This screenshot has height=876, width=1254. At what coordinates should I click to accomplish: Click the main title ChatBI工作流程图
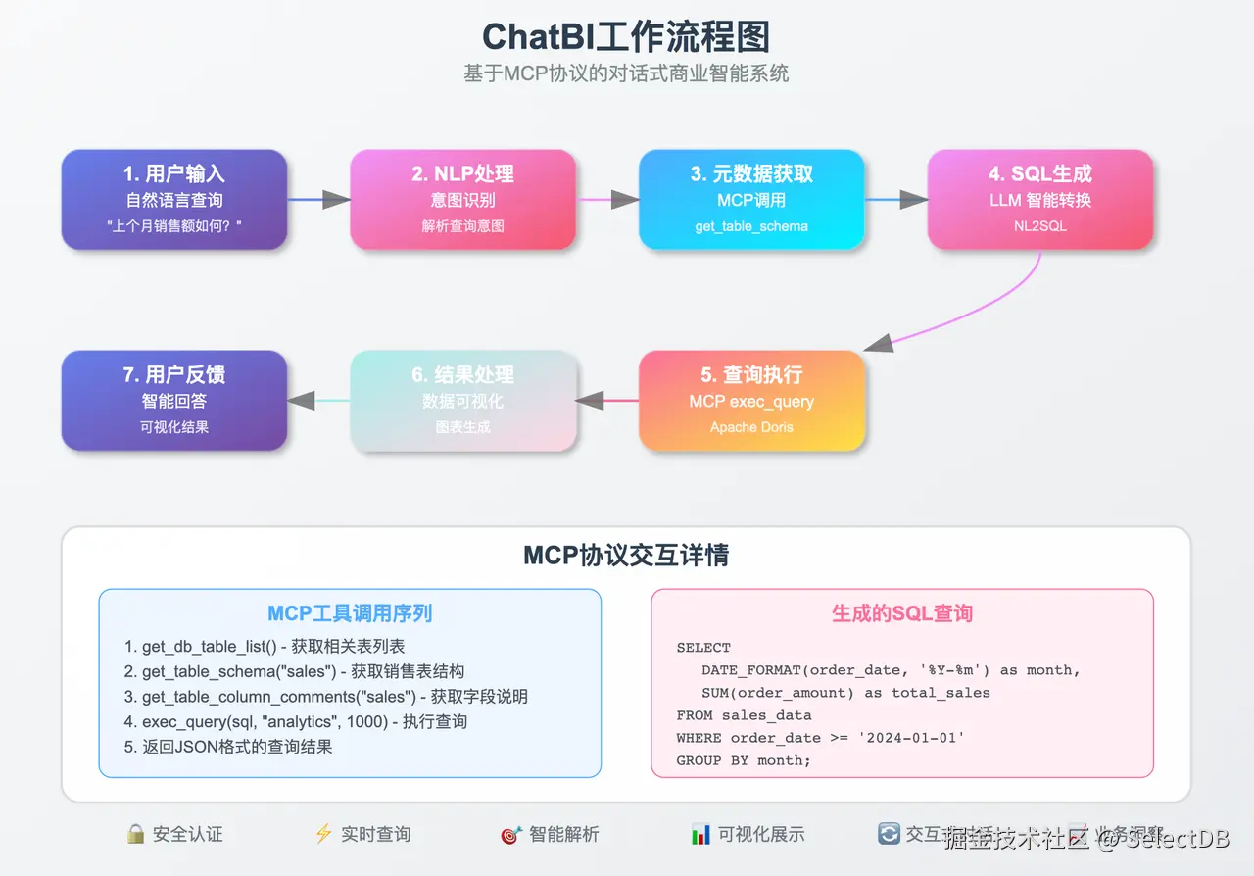(x=626, y=37)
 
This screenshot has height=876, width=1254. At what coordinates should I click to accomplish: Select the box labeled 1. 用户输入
(x=174, y=199)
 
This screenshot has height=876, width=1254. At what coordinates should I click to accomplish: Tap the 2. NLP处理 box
(x=462, y=199)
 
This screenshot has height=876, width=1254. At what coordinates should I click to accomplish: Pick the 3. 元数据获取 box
(x=751, y=199)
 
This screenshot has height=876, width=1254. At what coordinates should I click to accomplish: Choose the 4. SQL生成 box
(x=1039, y=199)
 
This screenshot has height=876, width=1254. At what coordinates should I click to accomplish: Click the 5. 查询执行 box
(x=751, y=401)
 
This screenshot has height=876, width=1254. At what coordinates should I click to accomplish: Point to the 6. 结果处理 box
(x=462, y=401)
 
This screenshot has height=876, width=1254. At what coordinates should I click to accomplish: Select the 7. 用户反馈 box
(x=174, y=401)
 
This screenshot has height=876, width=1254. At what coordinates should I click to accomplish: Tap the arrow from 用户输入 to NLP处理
(x=318, y=200)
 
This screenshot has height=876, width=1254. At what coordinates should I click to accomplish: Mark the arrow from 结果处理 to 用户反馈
(x=318, y=401)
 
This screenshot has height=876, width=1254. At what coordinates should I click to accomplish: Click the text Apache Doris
(x=751, y=427)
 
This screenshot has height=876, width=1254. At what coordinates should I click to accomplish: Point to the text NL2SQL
(x=1039, y=226)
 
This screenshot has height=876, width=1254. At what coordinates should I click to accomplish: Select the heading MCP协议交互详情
(x=626, y=556)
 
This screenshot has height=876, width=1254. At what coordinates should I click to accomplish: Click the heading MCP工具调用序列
(x=350, y=614)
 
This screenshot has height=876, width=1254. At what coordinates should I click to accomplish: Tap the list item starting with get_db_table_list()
(x=265, y=647)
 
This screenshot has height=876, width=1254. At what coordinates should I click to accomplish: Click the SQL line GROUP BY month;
(x=744, y=760)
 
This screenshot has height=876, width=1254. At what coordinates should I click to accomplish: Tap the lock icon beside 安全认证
(x=135, y=834)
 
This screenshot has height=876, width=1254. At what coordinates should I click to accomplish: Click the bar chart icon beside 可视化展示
(x=700, y=834)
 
